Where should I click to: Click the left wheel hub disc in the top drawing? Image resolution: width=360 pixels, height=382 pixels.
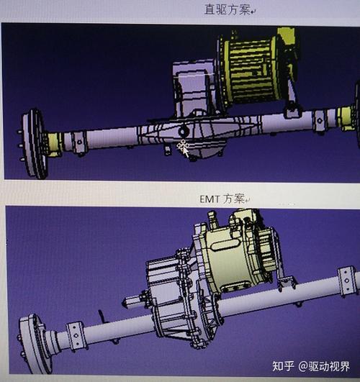tap(33, 143)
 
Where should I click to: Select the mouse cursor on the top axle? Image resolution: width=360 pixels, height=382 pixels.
tap(183, 149)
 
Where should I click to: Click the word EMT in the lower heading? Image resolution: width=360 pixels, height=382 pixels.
tap(210, 197)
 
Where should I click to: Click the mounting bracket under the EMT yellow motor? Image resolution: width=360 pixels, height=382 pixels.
tap(287, 283)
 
